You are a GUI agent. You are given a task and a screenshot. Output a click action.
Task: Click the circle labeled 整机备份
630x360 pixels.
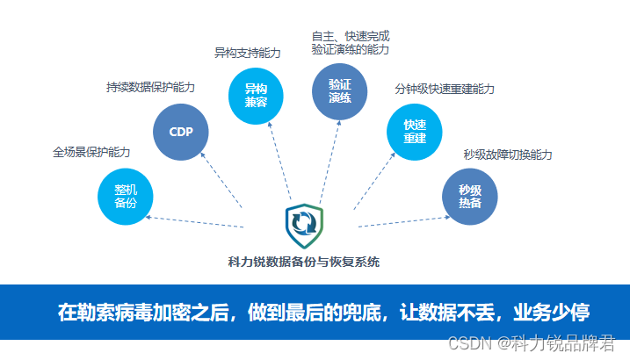point(126,197)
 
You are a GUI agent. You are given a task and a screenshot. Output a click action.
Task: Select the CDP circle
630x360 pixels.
point(181,132)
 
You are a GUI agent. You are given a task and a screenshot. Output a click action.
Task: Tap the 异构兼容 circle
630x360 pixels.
point(256,96)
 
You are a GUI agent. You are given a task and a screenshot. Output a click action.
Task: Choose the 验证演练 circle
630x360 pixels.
point(339,91)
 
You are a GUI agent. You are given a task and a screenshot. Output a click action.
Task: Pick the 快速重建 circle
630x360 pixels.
point(414,132)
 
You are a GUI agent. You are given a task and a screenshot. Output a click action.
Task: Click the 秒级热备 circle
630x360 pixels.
point(470,197)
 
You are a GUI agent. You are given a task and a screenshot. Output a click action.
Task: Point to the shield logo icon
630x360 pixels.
point(304,226)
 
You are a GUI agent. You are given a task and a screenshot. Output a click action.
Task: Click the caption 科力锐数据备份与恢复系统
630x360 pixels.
point(304,262)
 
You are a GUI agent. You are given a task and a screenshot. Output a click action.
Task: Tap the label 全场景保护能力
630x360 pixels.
point(91,152)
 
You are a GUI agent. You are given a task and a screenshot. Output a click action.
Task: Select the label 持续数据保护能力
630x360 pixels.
point(150,87)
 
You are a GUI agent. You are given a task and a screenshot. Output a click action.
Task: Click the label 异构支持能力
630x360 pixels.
point(247,53)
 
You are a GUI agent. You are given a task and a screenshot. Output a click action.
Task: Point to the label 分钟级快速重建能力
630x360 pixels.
point(445,89)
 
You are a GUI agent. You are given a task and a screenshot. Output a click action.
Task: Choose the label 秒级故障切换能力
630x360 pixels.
point(508,155)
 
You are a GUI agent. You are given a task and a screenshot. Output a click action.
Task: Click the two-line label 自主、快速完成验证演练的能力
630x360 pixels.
point(351,43)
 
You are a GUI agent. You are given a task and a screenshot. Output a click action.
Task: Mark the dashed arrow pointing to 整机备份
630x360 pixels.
point(194,222)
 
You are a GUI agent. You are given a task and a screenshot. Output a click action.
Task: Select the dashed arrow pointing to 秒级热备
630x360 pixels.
point(404,221)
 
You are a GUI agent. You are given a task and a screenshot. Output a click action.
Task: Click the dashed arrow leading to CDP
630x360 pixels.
point(221,180)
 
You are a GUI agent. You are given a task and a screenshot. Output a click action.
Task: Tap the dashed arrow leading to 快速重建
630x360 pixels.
point(374,181)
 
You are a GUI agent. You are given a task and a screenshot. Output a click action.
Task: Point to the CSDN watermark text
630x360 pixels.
point(532,343)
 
